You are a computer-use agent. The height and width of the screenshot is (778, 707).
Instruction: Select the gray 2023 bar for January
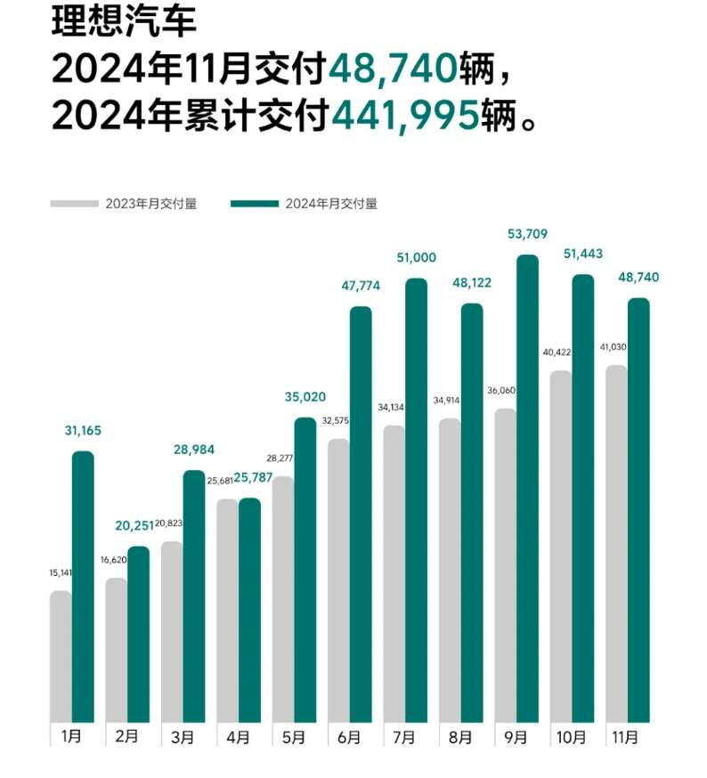[x=61, y=656]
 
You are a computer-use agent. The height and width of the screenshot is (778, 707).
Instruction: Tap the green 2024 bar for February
[x=139, y=633]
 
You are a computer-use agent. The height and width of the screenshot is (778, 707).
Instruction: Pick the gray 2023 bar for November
[x=616, y=543]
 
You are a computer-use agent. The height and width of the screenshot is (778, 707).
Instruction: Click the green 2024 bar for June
[x=361, y=514]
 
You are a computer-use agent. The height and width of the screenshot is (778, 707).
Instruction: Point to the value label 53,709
[x=527, y=234]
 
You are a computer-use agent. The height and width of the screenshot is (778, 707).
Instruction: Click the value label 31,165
[x=83, y=431]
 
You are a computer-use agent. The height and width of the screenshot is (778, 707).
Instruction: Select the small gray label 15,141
[x=61, y=573]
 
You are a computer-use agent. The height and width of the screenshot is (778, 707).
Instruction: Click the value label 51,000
[x=417, y=257]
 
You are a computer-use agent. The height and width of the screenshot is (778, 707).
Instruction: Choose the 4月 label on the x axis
[x=239, y=737]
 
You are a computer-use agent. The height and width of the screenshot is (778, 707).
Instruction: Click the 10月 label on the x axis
[x=572, y=737]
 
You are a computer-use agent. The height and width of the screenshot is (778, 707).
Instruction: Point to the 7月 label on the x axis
[x=405, y=737]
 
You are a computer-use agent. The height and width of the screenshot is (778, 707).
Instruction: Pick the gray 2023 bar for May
[x=283, y=599]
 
